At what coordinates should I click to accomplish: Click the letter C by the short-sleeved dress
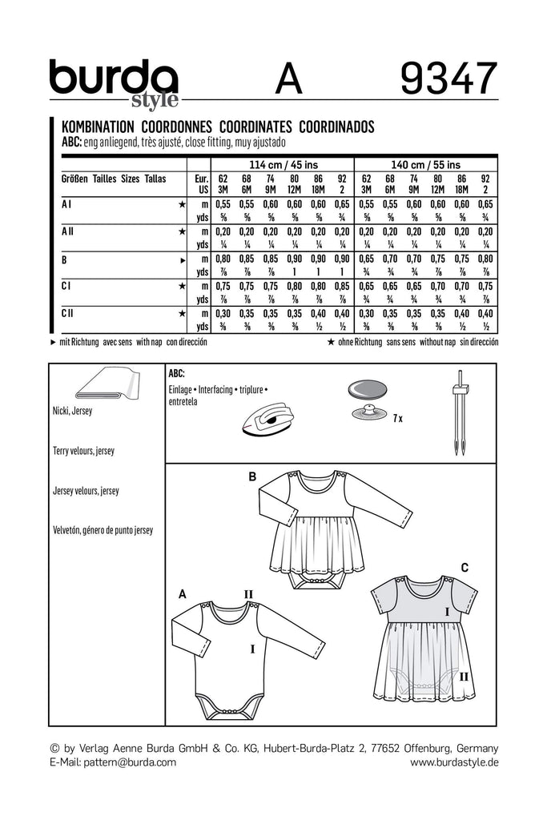pos(463,567)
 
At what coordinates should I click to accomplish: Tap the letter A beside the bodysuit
pos(182,593)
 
